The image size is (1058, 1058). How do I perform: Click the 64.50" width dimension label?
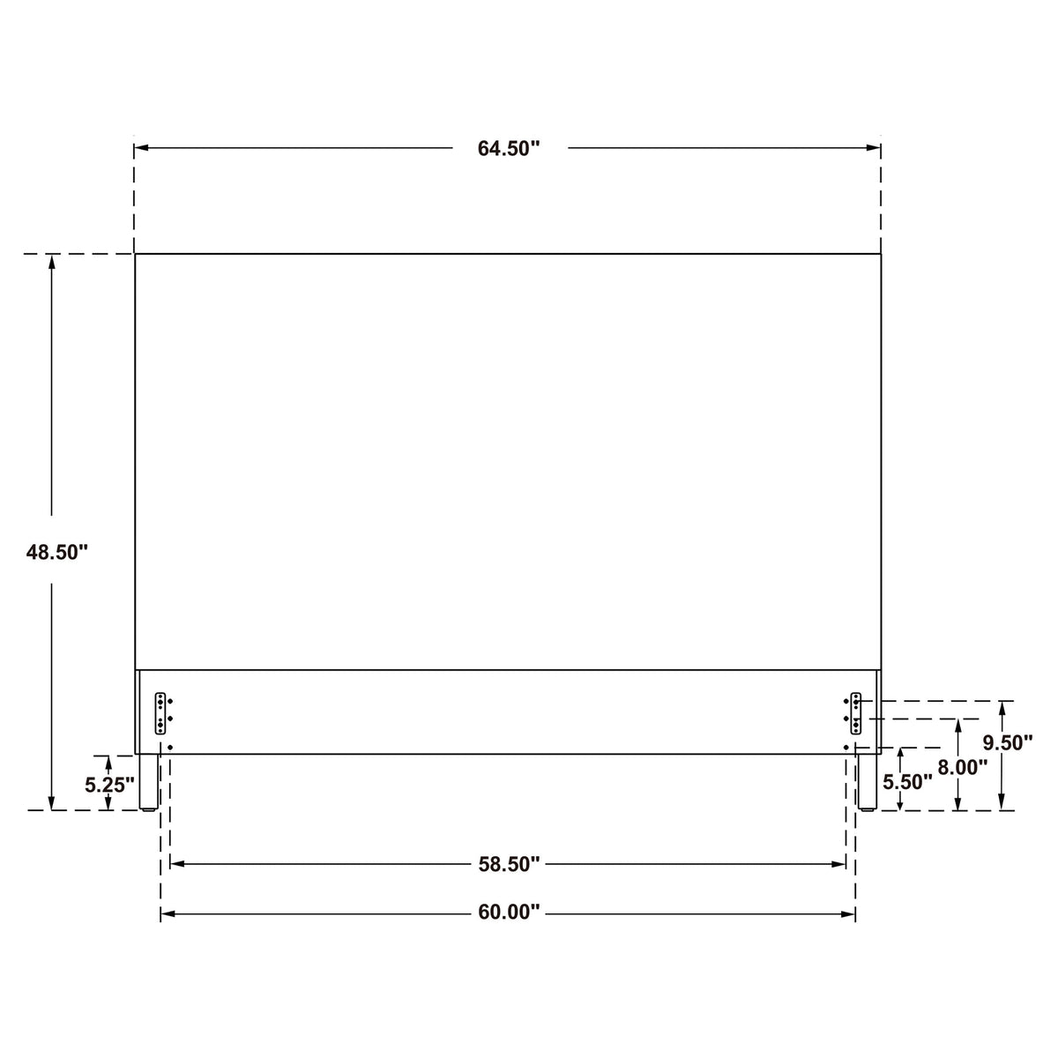(x=509, y=148)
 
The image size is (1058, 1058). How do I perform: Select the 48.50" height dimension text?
(x=57, y=552)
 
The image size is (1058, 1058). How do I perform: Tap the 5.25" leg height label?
(x=109, y=786)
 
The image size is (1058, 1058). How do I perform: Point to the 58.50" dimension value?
(x=509, y=864)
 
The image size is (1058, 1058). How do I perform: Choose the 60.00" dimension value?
(x=509, y=912)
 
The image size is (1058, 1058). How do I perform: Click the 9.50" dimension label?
(x=1008, y=743)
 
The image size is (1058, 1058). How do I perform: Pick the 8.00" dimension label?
(x=963, y=768)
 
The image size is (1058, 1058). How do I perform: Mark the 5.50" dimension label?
(x=907, y=782)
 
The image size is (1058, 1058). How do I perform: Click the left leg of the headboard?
(x=148, y=782)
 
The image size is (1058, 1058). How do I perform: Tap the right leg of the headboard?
(x=868, y=782)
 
